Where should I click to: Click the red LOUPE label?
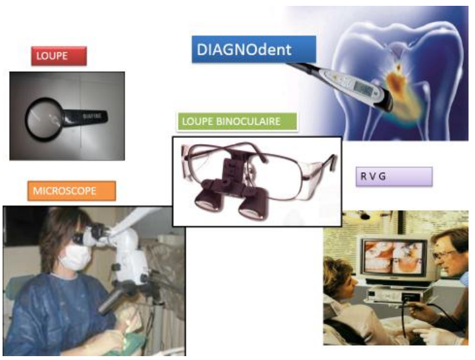pyautogui.click(x=59, y=56)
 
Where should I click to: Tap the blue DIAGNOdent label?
pyautogui.click(x=254, y=49)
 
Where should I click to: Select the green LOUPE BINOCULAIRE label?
pyautogui.click(x=237, y=122)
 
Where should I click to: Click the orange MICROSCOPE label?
pyautogui.click(x=72, y=191)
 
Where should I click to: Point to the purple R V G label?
pyautogui.click(x=394, y=176)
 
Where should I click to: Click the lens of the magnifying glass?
pyautogui.click(x=44, y=119)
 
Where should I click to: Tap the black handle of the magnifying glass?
pyautogui.click(x=86, y=117)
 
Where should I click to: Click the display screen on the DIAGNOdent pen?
pyautogui.click(x=363, y=87)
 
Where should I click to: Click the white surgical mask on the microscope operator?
pyautogui.click(x=75, y=257)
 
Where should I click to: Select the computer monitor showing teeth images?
pyautogui.click(x=394, y=258)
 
